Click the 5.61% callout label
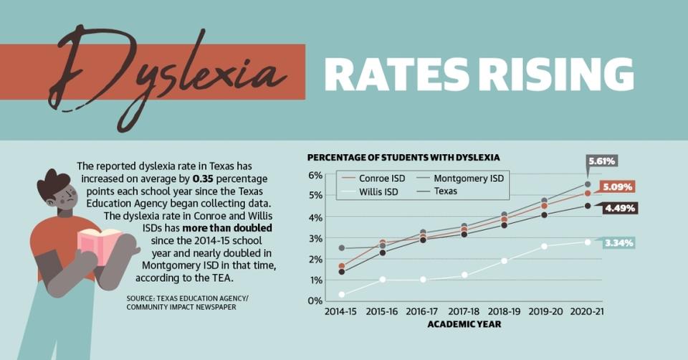(x=602, y=161)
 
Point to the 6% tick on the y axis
(x=315, y=176)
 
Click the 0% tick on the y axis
(x=315, y=300)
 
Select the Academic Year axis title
(x=464, y=324)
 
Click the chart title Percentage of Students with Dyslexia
(x=403, y=157)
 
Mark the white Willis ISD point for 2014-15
(x=341, y=294)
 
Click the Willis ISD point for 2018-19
(x=505, y=261)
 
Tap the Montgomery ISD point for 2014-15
(x=341, y=248)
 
